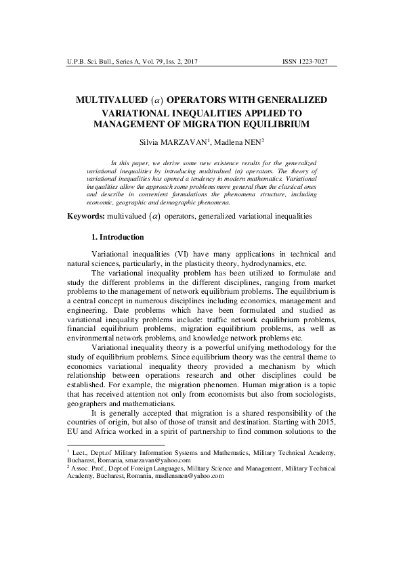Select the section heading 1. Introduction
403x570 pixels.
(117, 238)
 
